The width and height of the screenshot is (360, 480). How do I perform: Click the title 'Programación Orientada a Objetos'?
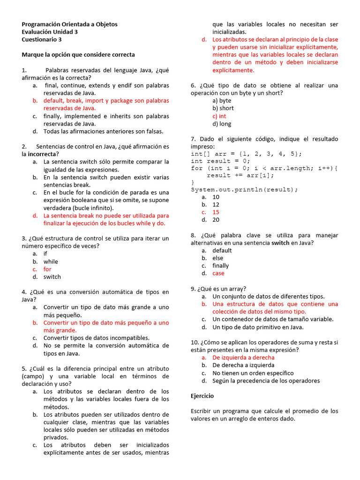(x=69, y=24)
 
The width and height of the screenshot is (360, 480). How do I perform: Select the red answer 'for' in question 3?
(x=47, y=269)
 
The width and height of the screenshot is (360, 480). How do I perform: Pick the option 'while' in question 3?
(x=51, y=262)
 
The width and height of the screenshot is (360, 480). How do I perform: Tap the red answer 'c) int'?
(x=219, y=116)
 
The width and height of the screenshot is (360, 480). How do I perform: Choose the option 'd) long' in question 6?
(x=221, y=124)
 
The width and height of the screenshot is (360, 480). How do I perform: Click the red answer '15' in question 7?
(x=216, y=212)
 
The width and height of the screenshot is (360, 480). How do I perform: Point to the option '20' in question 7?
(x=216, y=219)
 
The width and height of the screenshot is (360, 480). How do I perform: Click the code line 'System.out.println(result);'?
(x=244, y=189)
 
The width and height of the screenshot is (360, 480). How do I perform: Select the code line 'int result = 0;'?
(x=220, y=161)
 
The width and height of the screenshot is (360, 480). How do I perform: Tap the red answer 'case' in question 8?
(x=218, y=273)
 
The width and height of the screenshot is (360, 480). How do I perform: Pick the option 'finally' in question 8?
(x=220, y=266)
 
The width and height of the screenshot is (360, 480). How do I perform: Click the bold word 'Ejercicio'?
(x=202, y=396)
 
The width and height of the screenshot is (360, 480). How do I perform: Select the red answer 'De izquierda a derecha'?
(x=243, y=357)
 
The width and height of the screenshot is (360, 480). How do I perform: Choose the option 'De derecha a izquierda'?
(x=243, y=365)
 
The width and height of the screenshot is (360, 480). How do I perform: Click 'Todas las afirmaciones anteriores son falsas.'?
(x=104, y=131)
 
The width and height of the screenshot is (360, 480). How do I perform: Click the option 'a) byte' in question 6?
(x=222, y=100)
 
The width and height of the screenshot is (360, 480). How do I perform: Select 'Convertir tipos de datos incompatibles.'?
(x=97, y=337)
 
